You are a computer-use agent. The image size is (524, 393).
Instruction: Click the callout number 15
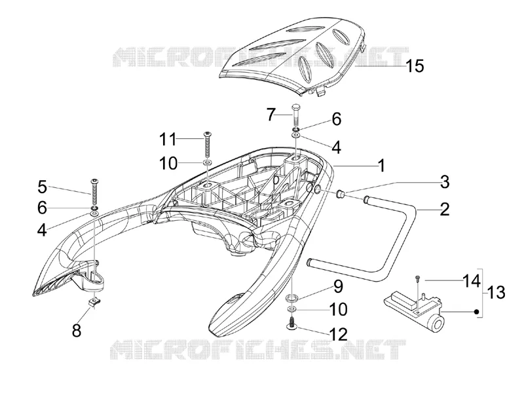pos(415,66)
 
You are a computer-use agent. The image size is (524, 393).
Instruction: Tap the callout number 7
pos(271,115)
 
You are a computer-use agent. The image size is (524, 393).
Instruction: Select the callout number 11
pos(168,139)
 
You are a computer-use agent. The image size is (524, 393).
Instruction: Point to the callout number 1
pos(381,166)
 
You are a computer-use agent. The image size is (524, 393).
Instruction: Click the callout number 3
pos(445,182)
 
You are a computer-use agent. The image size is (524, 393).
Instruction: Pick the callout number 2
pos(445,209)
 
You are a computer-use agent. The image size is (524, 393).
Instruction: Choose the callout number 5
pos(42,187)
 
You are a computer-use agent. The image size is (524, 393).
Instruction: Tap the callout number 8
pos(77,331)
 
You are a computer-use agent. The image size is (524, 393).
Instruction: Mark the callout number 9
pos(338,287)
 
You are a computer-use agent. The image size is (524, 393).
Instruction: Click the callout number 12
pos(339,334)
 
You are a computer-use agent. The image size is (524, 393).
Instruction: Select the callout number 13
pos(496,293)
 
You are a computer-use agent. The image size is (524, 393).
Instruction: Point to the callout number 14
pos(472,281)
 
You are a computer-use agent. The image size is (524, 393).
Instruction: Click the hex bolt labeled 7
pos(297,116)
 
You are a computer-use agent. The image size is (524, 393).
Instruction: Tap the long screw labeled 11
pos(207,145)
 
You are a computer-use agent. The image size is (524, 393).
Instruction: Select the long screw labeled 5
pos(94,193)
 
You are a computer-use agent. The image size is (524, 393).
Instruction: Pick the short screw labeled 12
pos(293,324)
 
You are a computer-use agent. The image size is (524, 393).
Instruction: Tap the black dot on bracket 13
pos(477,312)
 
